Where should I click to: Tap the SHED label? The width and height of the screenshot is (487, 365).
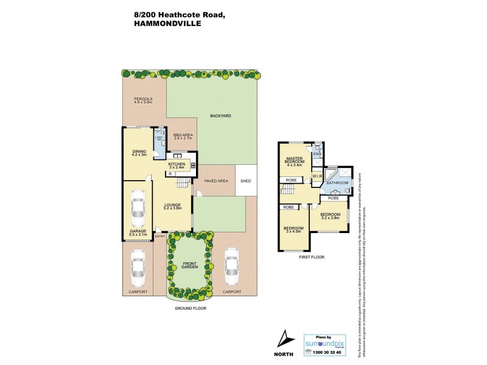246,181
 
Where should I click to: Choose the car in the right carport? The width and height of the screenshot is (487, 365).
231,266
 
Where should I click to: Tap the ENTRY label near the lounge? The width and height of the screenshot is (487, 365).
160,236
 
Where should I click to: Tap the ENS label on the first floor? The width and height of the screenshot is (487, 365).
317,154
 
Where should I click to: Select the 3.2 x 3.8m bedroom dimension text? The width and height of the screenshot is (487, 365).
330,218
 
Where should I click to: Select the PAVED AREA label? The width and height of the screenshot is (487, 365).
215,181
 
